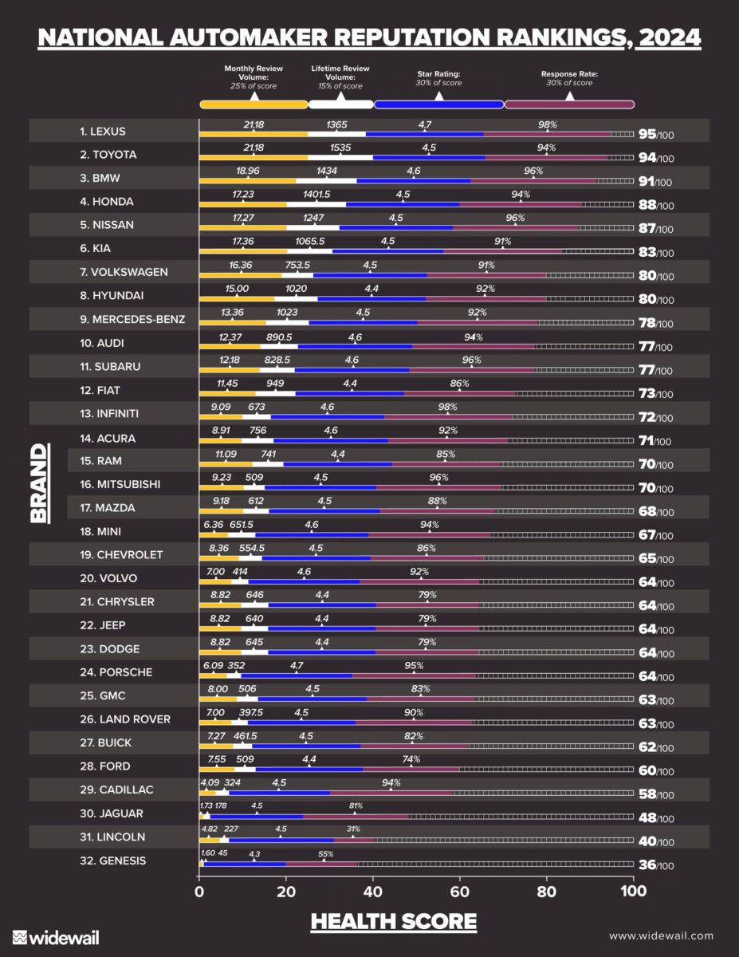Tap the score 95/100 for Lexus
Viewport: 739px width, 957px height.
coord(656,133)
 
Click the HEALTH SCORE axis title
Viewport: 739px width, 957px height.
coord(393,922)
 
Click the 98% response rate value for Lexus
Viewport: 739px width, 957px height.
coord(547,124)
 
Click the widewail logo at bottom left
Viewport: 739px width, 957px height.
coord(56,936)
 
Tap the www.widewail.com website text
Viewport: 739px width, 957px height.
coord(661,935)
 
